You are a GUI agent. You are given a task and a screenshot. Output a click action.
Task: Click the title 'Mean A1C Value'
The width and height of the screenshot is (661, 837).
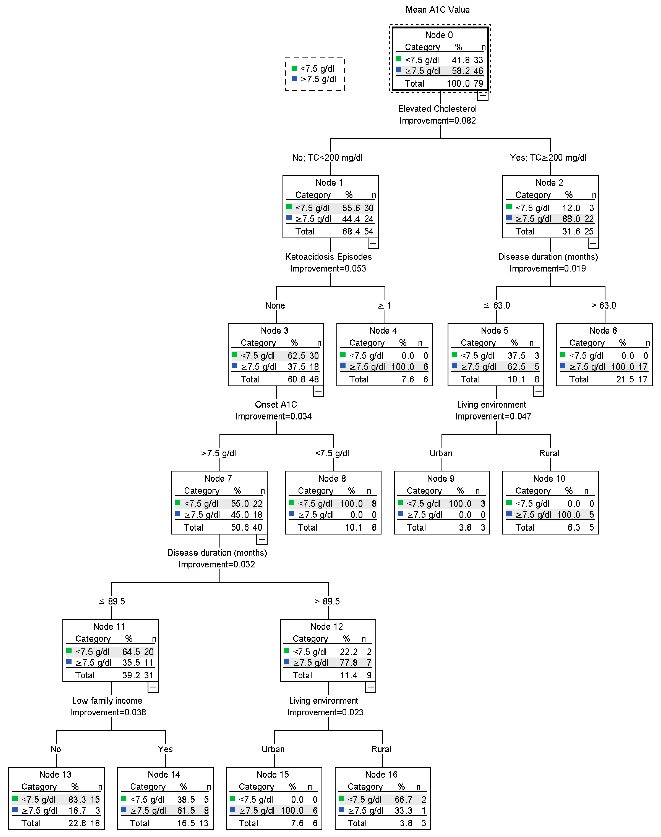coord(437,10)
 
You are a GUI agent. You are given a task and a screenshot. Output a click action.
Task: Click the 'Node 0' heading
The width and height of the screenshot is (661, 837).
coord(439,35)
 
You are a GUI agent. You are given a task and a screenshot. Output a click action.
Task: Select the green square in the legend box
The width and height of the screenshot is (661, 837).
coord(294,68)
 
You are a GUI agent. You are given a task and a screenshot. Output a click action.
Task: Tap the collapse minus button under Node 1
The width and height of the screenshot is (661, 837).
coord(373,243)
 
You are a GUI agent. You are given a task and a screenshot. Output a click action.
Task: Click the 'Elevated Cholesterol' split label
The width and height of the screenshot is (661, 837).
coord(437,109)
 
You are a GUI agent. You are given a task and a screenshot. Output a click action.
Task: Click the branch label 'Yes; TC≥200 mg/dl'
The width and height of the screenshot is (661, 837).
coord(548,158)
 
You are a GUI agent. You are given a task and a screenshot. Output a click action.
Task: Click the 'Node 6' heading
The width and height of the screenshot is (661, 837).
coord(603,331)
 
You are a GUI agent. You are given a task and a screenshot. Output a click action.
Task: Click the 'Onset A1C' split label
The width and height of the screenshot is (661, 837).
coord(276,405)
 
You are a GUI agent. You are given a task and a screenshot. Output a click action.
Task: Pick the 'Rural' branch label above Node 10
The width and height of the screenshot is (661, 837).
coord(549,453)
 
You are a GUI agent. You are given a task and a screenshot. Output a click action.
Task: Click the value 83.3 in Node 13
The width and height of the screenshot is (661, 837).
coord(77,799)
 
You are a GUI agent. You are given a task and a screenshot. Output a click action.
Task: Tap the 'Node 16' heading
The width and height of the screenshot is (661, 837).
coord(381,774)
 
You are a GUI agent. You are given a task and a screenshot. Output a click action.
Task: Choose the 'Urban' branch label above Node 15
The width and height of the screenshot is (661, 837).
coord(273,749)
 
